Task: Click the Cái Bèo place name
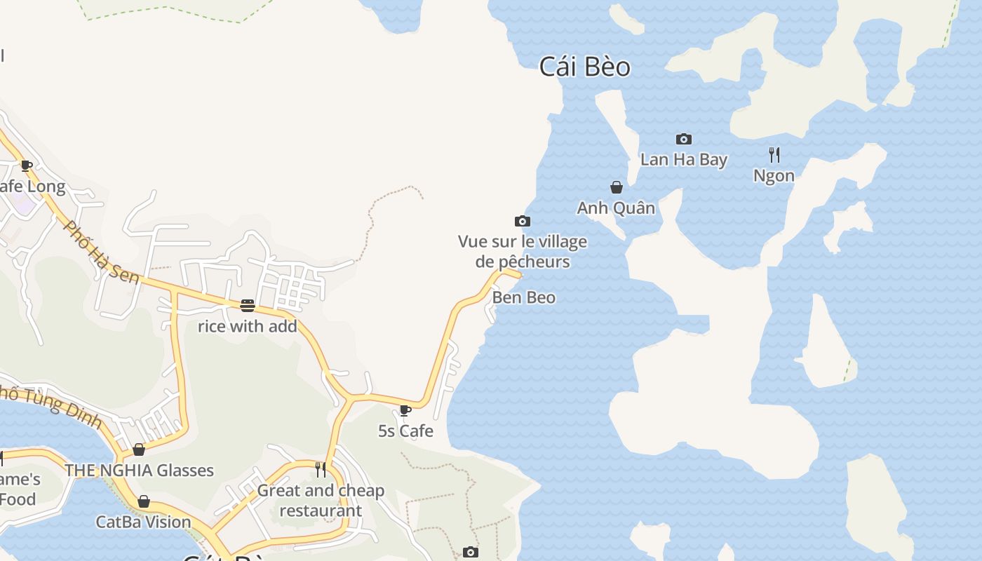click(584, 67)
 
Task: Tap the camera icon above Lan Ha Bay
click(683, 139)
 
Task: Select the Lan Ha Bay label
click(683, 160)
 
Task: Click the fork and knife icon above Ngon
click(774, 154)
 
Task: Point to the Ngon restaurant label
click(774, 175)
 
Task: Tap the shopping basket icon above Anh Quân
click(617, 187)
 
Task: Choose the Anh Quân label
click(616, 208)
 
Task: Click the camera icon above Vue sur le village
click(522, 222)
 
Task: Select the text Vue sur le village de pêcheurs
click(523, 252)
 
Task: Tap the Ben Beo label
click(523, 297)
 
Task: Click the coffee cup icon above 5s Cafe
click(405, 410)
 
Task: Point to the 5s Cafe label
click(405, 431)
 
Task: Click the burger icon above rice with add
click(247, 305)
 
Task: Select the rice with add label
click(247, 326)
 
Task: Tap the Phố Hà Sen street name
click(101, 251)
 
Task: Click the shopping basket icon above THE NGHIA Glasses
click(139, 450)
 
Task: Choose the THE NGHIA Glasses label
click(139, 471)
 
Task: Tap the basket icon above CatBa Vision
click(143, 501)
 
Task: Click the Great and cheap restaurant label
click(321, 501)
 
